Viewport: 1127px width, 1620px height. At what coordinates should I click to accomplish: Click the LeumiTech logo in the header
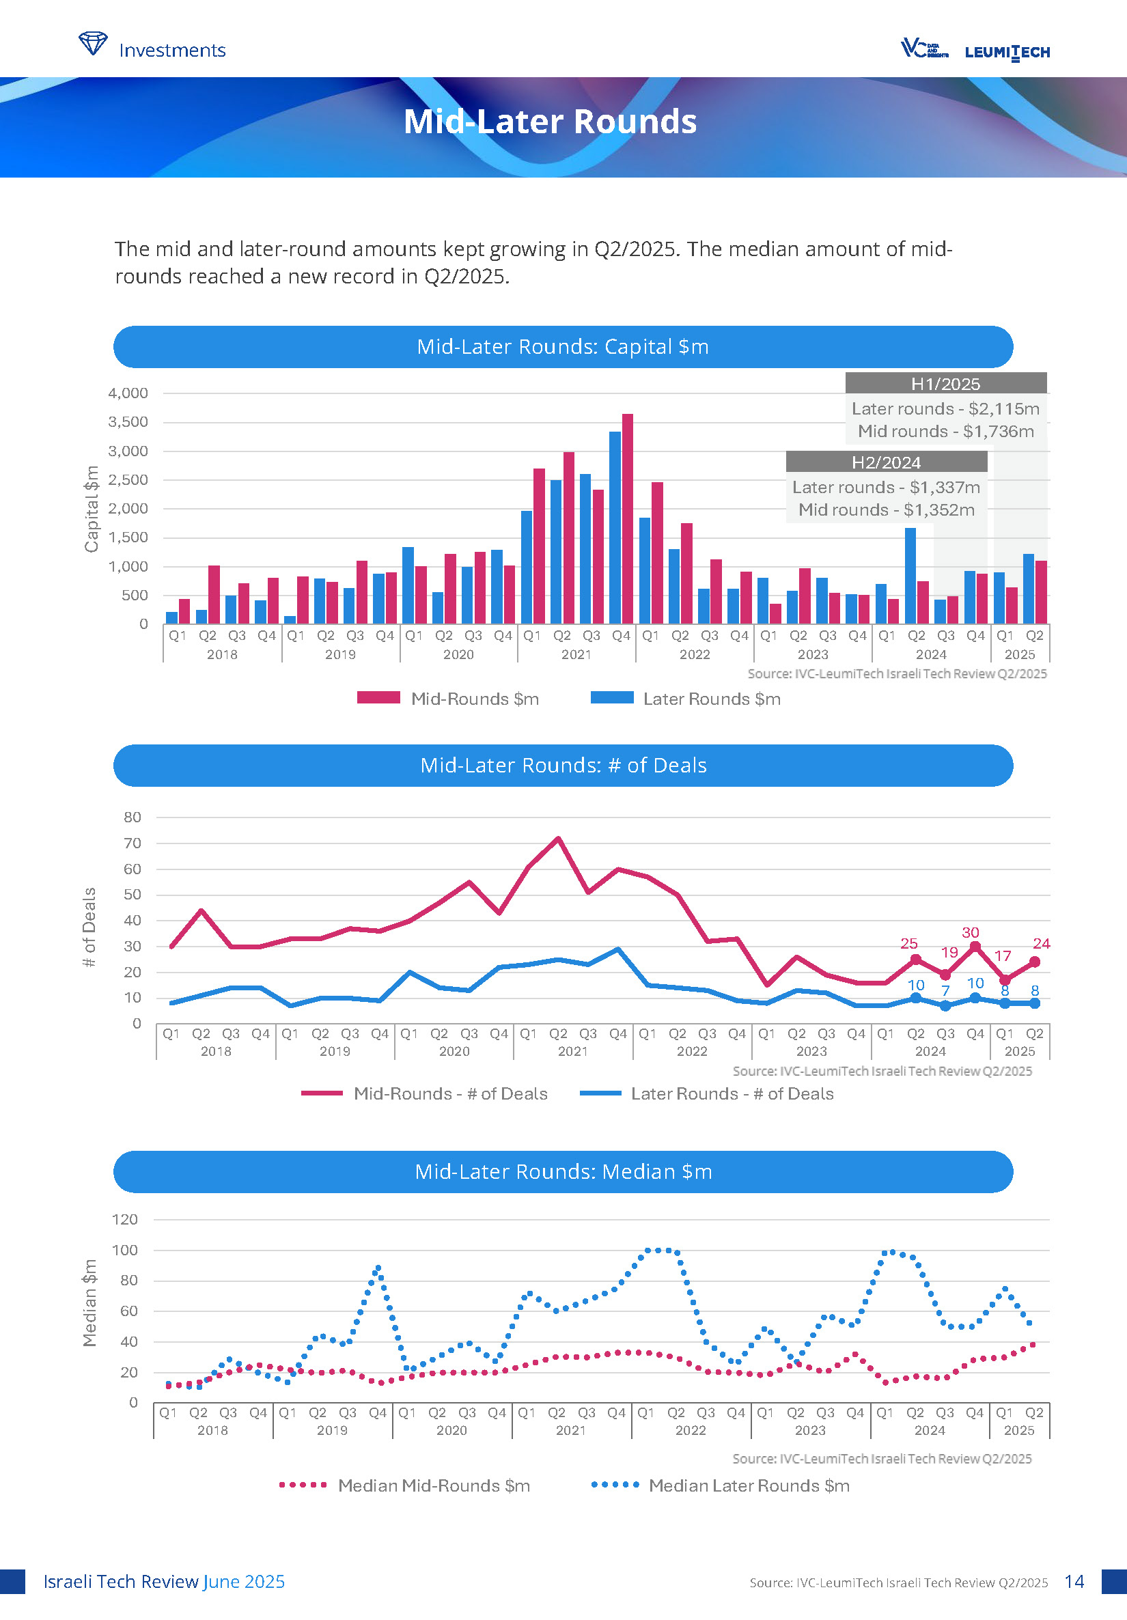click(x=1006, y=52)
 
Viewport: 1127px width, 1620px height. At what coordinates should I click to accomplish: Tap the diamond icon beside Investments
click(x=92, y=44)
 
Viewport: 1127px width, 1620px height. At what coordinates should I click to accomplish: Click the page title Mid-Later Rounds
click(x=550, y=122)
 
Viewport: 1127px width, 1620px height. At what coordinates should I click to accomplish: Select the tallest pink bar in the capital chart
click(x=628, y=518)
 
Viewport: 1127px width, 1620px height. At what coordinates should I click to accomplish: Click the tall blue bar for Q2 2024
click(x=910, y=575)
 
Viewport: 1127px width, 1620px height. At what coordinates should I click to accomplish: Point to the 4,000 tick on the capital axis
click(x=128, y=393)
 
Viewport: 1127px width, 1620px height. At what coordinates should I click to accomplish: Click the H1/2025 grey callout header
click(x=945, y=384)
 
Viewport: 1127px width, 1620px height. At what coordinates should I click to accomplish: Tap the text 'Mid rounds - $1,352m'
click(x=886, y=509)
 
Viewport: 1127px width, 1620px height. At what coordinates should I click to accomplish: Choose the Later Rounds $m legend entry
click(x=685, y=699)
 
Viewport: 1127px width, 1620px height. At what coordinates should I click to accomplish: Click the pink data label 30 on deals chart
click(x=971, y=933)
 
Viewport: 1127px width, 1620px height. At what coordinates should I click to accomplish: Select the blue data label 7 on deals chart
click(x=945, y=990)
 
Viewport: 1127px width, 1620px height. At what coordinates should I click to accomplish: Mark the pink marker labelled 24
click(x=1035, y=962)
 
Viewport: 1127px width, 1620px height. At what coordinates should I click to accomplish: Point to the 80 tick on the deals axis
click(x=133, y=817)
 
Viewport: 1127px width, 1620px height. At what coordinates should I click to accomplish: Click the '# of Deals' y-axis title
click(x=89, y=926)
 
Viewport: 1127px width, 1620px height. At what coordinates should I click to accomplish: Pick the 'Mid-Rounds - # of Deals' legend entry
click(x=424, y=1093)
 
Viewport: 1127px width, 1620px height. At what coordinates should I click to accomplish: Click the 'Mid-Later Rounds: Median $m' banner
click(x=563, y=1172)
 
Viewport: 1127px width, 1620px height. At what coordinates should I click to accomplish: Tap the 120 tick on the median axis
click(x=126, y=1219)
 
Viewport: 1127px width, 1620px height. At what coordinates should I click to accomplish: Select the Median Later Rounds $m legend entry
click(x=721, y=1485)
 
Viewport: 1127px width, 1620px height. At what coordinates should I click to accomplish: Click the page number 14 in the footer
click(x=1074, y=1581)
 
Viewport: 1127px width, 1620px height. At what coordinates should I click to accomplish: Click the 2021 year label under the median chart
click(x=570, y=1430)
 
